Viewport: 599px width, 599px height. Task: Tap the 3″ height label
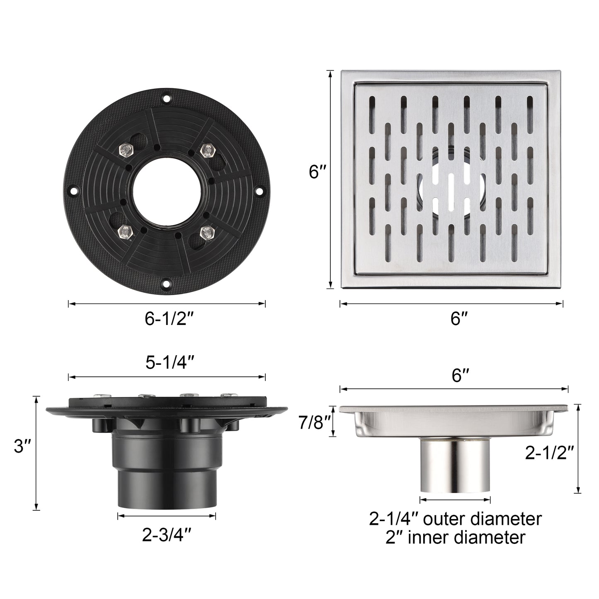19,447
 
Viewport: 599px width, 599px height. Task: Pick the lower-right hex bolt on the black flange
206,233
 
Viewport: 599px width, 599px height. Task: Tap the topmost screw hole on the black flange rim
166,99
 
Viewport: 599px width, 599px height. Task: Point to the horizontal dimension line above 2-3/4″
167,516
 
